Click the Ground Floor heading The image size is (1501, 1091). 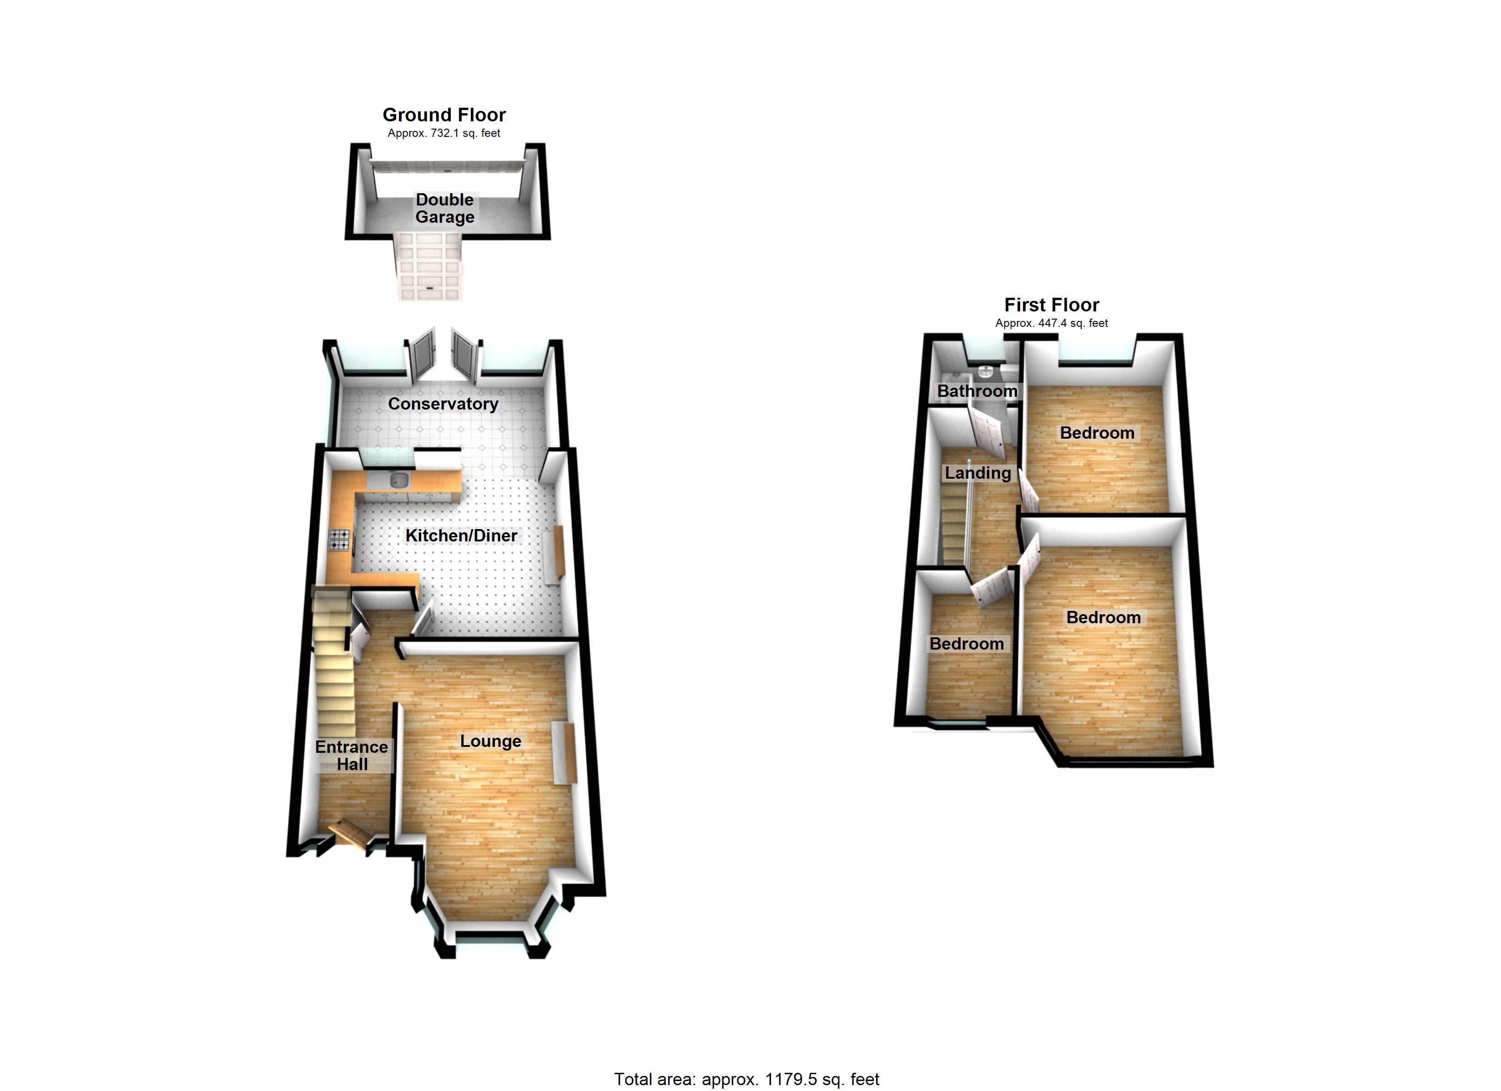pyautogui.click(x=444, y=115)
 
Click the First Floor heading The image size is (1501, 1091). pyautogui.click(x=1052, y=305)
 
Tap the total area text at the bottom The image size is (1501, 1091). pyautogui.click(x=746, y=1080)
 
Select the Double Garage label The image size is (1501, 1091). pyautogui.click(x=445, y=208)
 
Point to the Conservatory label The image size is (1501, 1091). pyautogui.click(x=443, y=404)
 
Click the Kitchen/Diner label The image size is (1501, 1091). pyautogui.click(x=461, y=535)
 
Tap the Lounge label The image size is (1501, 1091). pyautogui.click(x=490, y=741)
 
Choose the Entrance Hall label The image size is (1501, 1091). pyautogui.click(x=352, y=756)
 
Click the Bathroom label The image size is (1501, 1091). pyautogui.click(x=977, y=391)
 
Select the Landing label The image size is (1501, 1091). pyautogui.click(x=977, y=473)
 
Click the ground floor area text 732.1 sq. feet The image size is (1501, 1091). pyautogui.click(x=443, y=133)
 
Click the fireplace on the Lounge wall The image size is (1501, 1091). pyautogui.click(x=564, y=753)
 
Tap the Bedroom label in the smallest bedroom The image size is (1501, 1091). pyautogui.click(x=966, y=644)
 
